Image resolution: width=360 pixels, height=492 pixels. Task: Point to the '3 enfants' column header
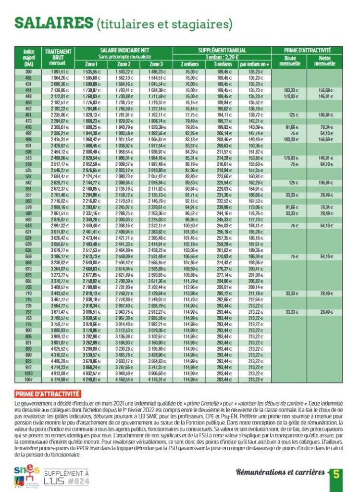pos(222,63)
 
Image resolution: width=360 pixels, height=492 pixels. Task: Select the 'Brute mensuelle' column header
pos(289,61)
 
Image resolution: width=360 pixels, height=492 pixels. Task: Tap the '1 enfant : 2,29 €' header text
pos(222,57)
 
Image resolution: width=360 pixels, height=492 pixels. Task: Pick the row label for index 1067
pos(28,380)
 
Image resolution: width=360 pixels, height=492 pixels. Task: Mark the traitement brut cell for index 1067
pos(58,380)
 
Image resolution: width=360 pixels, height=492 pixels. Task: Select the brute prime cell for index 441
pos(289,90)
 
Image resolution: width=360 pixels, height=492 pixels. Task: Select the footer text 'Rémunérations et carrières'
pos(280,473)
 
